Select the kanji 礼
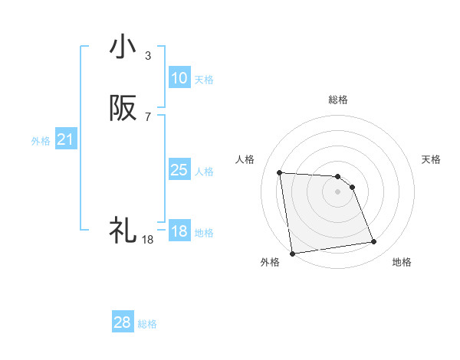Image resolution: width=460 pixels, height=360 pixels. click(123, 230)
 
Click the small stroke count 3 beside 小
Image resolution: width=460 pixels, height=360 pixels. click(147, 56)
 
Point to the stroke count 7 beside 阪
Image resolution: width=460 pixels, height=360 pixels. click(147, 117)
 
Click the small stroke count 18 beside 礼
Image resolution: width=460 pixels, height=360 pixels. click(147, 240)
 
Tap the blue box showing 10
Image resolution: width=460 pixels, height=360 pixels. click(179, 78)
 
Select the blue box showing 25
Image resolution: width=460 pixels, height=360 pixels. click(179, 170)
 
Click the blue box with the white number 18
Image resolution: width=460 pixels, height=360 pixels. click(179, 231)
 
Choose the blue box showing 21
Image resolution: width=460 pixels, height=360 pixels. click(66, 139)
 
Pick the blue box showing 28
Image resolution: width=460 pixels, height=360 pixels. click(123, 322)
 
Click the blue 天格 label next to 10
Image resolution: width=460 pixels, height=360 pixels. click(204, 80)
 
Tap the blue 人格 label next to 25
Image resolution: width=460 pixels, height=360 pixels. click(204, 172)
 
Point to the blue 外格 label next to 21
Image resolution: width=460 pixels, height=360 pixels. click(41, 141)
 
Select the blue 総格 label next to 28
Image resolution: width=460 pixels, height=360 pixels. click(147, 324)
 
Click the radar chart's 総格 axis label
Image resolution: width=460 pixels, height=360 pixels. click(337, 100)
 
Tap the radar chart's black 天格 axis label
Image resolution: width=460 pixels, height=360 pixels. click(431, 159)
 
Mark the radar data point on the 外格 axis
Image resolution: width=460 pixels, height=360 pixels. click(292, 253)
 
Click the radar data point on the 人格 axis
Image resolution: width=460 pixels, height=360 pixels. click(280, 172)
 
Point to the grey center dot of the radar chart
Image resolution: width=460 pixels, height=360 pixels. click(337, 191)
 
